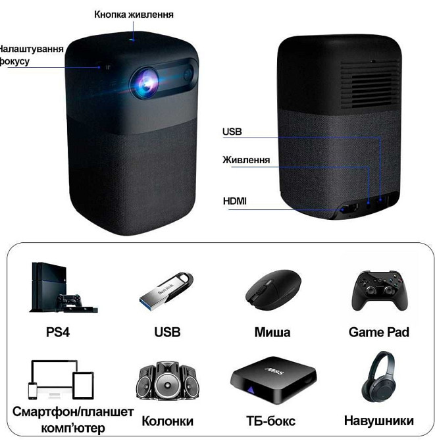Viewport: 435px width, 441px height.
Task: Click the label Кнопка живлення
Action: (x=134, y=14)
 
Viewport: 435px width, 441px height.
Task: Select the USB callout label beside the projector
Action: (x=232, y=132)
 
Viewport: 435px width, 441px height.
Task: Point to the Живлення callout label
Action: (x=246, y=160)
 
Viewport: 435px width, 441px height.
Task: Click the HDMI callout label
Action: (x=234, y=200)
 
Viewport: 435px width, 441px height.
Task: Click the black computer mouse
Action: (x=272, y=289)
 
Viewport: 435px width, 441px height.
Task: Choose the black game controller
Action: (x=378, y=290)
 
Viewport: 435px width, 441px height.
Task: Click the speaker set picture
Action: (x=166, y=382)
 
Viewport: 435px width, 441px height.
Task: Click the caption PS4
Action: (x=58, y=332)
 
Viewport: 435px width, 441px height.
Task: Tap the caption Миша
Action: (x=272, y=332)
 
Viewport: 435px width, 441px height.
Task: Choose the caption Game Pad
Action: (x=378, y=332)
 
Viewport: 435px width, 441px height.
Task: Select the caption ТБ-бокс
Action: (x=270, y=421)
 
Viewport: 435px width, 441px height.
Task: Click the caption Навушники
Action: (x=378, y=421)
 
